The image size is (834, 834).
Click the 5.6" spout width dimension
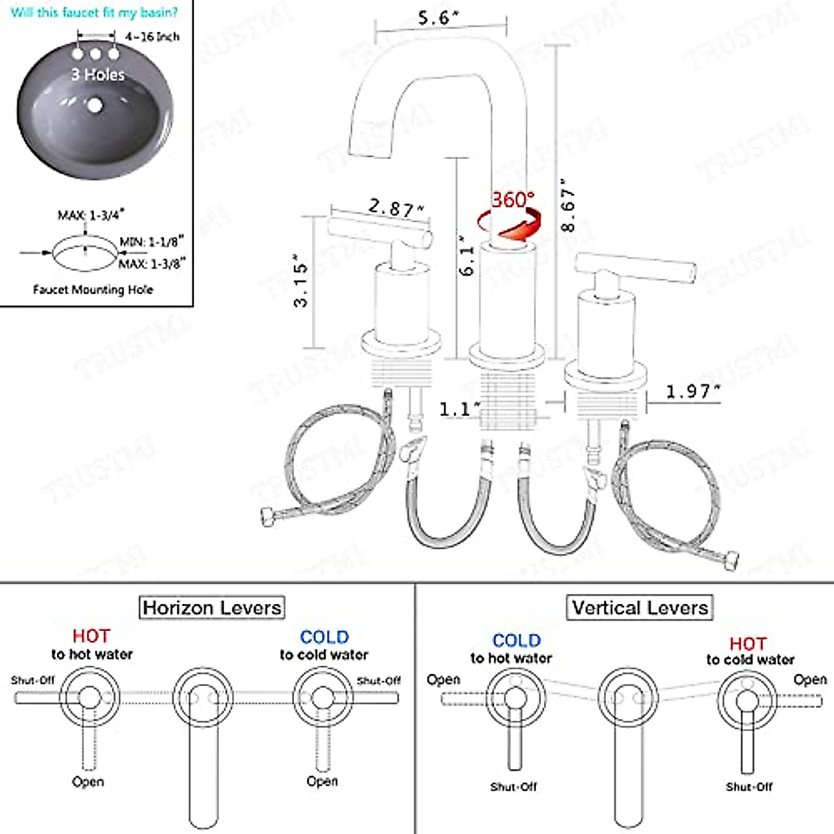point(438,18)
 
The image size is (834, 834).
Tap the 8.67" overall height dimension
point(568,206)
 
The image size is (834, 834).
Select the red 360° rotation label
point(513,199)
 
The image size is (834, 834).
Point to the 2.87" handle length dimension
point(395,208)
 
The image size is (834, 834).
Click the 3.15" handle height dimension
point(301,281)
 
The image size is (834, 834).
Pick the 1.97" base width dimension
point(692,391)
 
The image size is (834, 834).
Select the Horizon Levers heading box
point(212,607)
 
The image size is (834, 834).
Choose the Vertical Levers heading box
point(640,607)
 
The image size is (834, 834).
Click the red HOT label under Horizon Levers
point(91,635)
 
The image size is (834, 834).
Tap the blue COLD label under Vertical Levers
point(516,640)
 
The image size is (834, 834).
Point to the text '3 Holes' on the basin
point(98,74)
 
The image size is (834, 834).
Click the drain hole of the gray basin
point(95,106)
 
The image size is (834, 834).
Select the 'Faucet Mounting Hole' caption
point(93,289)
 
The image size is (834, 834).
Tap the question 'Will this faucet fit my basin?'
point(95,13)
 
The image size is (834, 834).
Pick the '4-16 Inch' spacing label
point(152,36)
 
